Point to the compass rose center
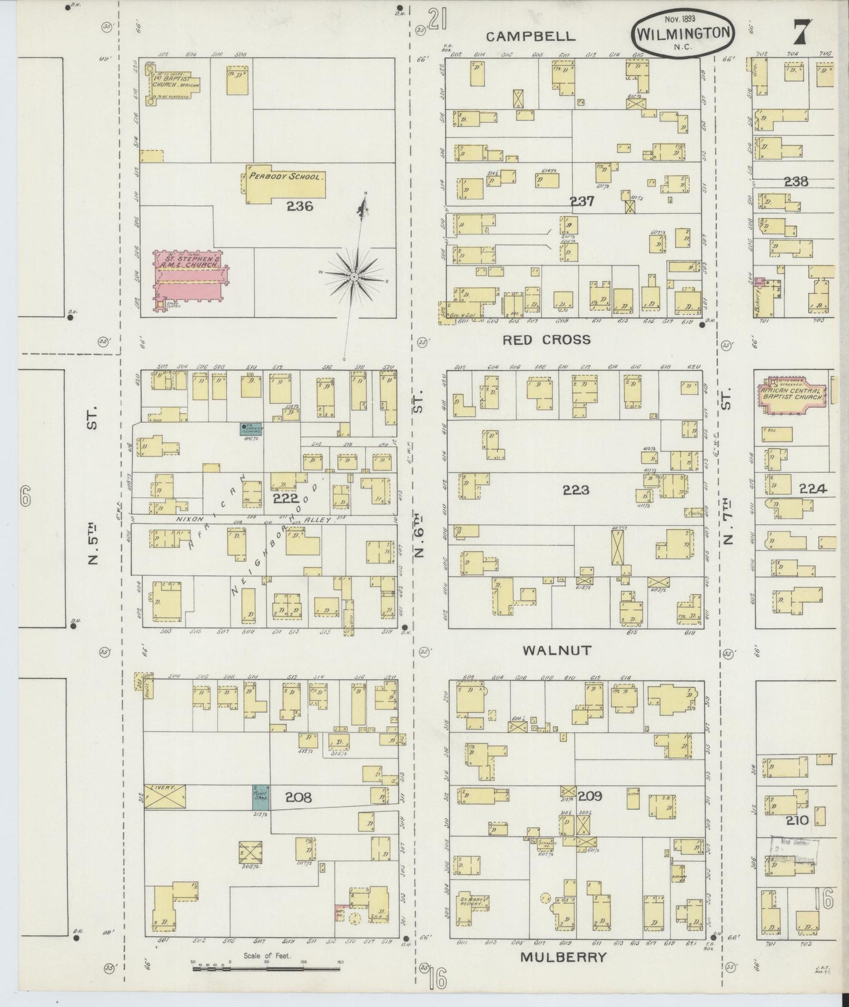click(x=354, y=276)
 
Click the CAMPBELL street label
click(x=531, y=36)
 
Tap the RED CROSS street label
click(x=547, y=340)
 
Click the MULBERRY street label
click(x=563, y=956)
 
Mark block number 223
click(x=576, y=490)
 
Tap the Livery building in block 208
click(x=165, y=796)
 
